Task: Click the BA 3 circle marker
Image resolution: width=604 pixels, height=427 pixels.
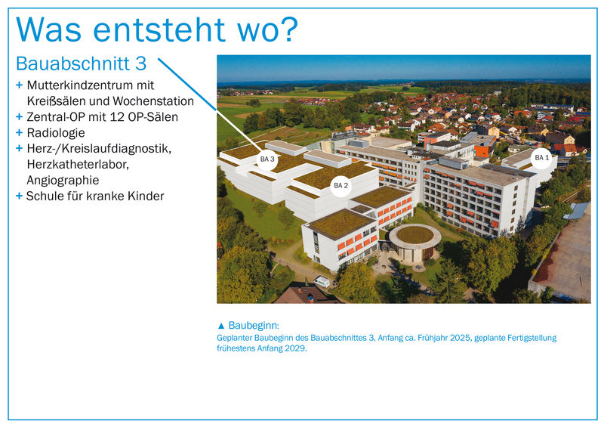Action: point(267,159)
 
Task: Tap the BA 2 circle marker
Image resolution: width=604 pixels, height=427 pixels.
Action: point(341,185)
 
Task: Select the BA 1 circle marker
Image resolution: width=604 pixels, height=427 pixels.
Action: point(542,158)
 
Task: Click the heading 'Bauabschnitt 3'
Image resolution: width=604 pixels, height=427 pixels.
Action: point(82,63)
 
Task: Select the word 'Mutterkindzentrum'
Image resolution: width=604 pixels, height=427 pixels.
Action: point(76,85)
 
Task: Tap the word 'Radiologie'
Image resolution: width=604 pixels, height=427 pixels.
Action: point(56,133)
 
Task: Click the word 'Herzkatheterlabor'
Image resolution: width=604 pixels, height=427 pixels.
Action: point(78,164)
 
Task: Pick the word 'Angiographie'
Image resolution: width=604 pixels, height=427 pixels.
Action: point(63,181)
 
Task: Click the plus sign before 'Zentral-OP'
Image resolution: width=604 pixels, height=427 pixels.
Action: point(20,116)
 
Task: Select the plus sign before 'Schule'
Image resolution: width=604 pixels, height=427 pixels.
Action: point(20,196)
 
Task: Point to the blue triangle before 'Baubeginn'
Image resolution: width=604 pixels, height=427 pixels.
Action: point(221,326)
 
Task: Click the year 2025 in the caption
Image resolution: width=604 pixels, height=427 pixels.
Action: point(461,338)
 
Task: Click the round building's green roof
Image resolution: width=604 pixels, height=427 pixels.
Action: point(415,234)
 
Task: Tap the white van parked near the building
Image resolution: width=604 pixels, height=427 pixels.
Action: point(322,282)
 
